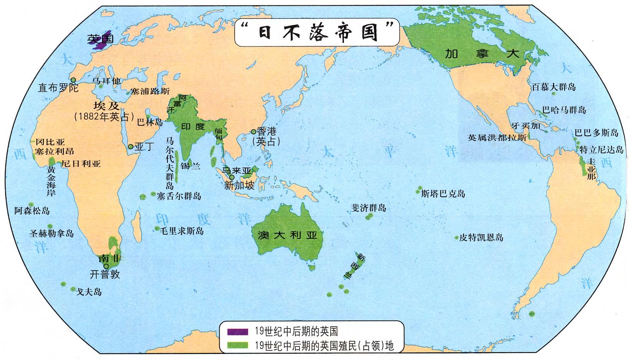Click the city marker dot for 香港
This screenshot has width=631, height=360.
[x=253, y=132]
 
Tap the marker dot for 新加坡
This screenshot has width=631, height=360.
[x=232, y=177]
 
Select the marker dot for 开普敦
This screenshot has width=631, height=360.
[x=106, y=266]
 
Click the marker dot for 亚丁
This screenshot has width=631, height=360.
[x=131, y=146]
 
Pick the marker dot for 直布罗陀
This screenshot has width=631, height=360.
[x=73, y=80]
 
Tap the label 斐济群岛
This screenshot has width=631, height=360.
[x=369, y=208]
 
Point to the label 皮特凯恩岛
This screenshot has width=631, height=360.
[x=481, y=238]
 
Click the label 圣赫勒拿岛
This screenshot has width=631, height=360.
[x=51, y=233]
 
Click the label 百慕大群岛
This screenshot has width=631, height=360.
[x=553, y=87]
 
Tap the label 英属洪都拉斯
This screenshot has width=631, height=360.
[x=497, y=137]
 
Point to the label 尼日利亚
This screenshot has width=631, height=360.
[x=81, y=164]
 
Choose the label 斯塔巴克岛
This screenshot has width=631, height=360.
[x=443, y=193]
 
